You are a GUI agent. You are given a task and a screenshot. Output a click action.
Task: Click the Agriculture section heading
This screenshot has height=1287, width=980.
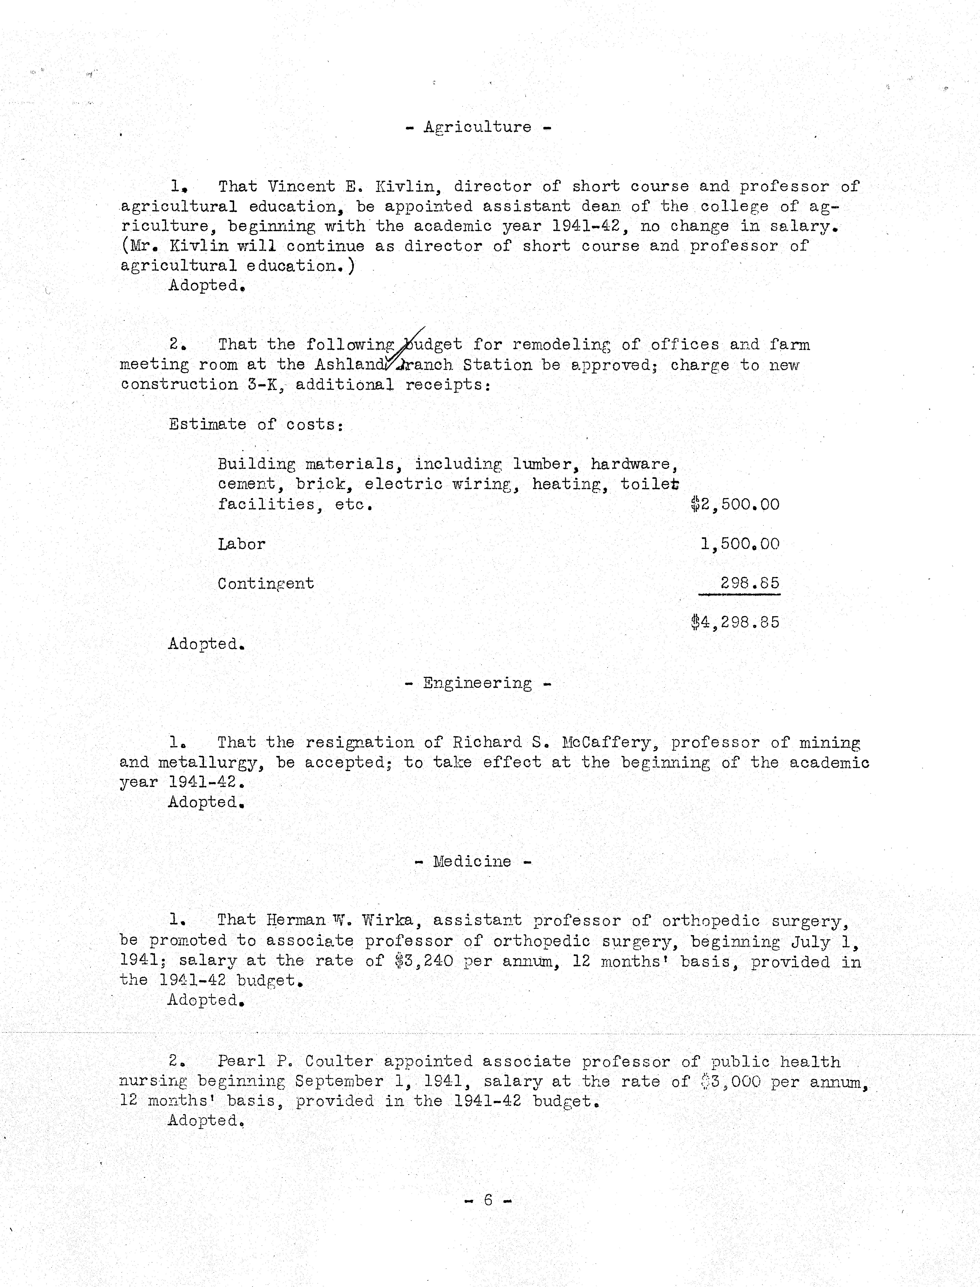pyautogui.click(x=478, y=127)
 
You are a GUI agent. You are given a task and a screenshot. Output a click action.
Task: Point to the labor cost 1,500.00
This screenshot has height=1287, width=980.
pyautogui.click(x=740, y=544)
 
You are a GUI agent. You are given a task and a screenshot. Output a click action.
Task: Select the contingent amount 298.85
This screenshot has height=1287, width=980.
pyautogui.click(x=750, y=583)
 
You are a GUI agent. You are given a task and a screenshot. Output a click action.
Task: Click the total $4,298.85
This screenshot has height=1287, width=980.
pyautogui.click(x=735, y=622)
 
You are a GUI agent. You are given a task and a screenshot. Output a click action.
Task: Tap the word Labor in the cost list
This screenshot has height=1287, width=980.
pyautogui.click(x=241, y=544)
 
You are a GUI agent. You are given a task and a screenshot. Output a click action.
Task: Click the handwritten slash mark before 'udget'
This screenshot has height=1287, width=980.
pyautogui.click(x=411, y=344)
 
